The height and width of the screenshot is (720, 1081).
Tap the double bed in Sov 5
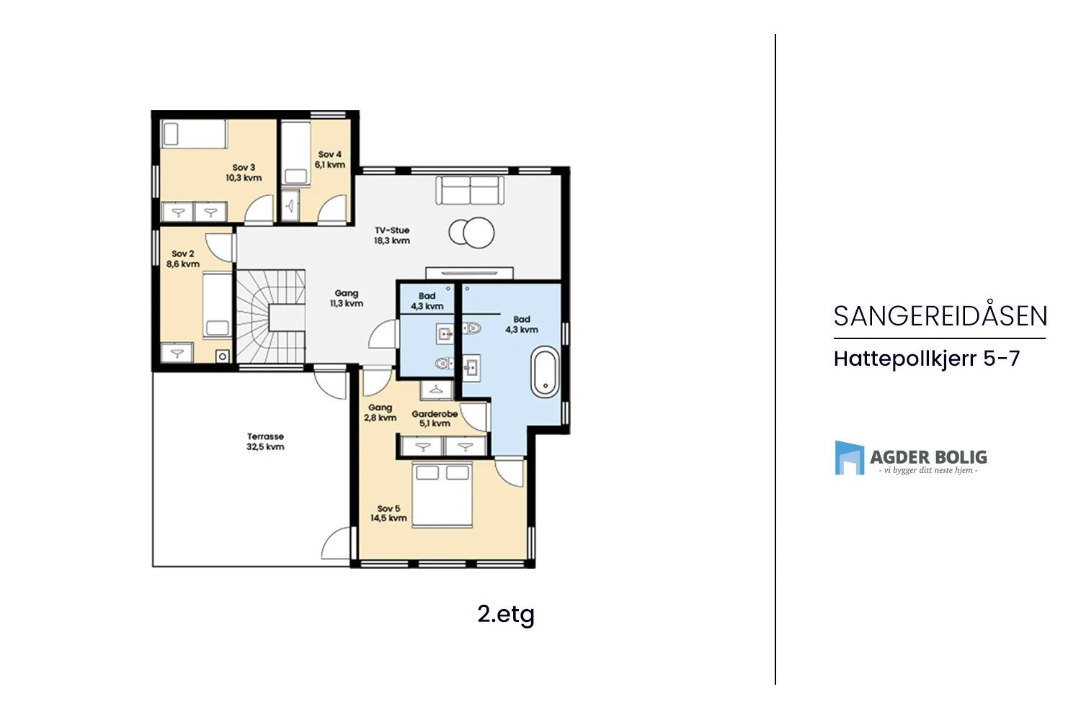442,494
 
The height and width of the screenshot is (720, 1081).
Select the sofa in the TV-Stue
470,190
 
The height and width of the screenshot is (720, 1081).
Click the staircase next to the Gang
270,316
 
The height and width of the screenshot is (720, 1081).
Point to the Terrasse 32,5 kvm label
265,442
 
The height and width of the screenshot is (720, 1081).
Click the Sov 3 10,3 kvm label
244,173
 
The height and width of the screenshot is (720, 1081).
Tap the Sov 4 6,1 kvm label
329,160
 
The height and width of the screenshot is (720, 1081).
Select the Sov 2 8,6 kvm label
183,259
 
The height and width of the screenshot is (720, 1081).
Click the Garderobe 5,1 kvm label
435,418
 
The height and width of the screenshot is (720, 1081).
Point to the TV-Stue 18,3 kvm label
392,235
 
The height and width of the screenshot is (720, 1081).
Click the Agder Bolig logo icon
850,458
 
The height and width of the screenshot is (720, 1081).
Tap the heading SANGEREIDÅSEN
940,316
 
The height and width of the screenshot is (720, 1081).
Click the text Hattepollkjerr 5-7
927,359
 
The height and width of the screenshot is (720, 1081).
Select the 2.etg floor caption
506,614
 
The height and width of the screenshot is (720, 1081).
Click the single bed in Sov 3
194,134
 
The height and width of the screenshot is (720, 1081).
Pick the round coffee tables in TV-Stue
471,233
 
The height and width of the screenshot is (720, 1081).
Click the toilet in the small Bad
445,363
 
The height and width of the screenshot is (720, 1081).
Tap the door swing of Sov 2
220,248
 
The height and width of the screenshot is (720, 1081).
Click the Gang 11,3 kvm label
347,299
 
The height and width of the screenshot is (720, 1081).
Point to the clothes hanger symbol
436,390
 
